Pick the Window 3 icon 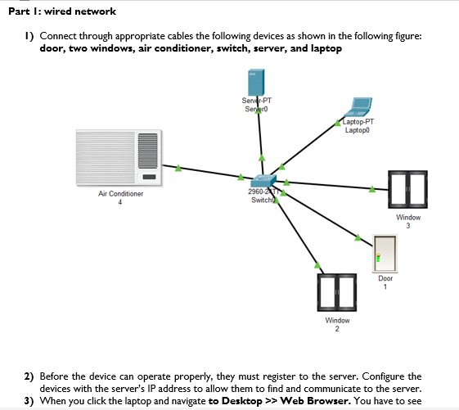407,190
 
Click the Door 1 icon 385,253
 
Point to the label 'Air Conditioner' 120,194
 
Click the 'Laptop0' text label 357,130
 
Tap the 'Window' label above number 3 408,218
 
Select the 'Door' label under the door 385,279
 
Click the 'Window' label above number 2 337,320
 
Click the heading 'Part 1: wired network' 61,11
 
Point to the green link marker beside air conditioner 178,169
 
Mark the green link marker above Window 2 317,264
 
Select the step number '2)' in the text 29,376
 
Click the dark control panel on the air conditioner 148,176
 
